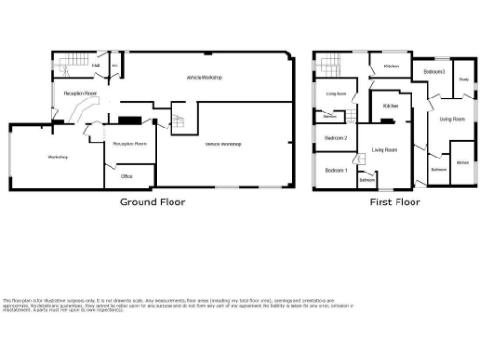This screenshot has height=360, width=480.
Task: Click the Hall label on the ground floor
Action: point(97,66)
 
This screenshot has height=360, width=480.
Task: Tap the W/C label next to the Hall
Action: point(114,66)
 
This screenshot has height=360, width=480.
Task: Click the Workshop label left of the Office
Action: point(58,157)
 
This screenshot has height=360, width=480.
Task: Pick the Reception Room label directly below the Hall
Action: point(81,94)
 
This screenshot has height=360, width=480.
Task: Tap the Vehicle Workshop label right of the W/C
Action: point(203,77)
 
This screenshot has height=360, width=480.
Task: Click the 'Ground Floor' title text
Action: point(152,202)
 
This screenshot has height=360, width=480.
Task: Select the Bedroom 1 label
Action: point(337,170)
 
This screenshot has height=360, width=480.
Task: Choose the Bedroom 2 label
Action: point(337,139)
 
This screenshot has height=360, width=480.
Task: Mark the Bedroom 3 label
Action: point(433,72)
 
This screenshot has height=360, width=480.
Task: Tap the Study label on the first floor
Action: point(464,79)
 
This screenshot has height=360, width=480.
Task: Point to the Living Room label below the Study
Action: point(453,119)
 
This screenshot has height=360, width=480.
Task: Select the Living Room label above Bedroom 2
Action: point(336,94)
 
